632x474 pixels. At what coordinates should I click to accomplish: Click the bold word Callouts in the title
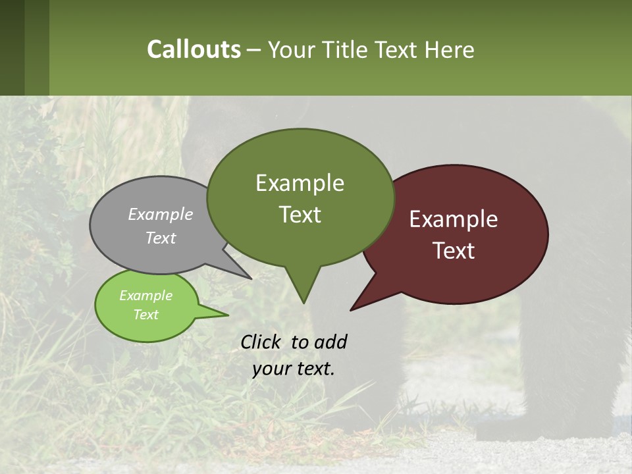pos(194,49)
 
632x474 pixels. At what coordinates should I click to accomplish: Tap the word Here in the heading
pos(450,49)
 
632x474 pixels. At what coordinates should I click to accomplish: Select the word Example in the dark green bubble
pos(300,183)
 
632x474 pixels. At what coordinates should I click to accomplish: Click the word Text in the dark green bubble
pos(300,215)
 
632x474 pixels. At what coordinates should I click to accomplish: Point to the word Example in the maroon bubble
pos(454,219)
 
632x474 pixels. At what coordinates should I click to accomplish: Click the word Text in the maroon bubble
pos(454,251)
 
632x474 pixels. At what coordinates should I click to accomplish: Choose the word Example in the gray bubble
pos(161,214)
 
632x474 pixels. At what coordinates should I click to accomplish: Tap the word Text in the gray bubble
pos(161,238)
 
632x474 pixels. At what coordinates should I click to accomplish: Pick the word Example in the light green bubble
pos(145,296)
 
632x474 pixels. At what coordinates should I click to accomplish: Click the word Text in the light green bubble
pos(145,315)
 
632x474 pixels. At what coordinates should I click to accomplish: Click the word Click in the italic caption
pos(261,342)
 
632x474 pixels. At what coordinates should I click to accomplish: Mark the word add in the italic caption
pos(330,342)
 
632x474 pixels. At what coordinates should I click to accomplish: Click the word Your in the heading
pos(292,49)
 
